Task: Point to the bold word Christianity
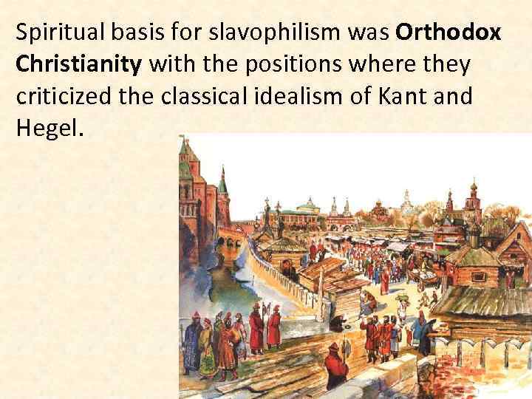(x=78, y=65)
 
